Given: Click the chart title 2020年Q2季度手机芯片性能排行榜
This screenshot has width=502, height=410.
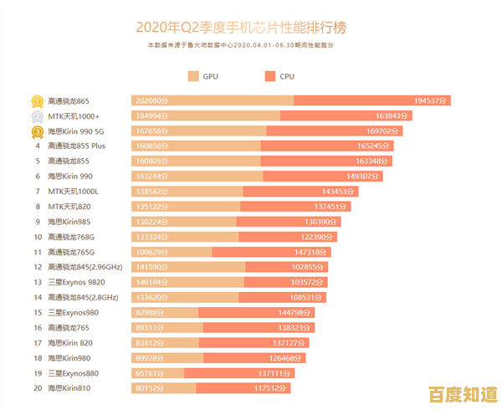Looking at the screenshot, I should coord(251,28).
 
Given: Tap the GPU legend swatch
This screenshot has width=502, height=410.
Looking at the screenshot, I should coord(193,76).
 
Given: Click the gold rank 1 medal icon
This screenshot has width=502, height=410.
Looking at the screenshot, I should coord(38,101).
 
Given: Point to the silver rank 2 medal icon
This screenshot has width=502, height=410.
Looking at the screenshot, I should coord(38,116).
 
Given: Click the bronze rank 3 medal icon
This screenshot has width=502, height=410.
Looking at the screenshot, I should coord(38,131).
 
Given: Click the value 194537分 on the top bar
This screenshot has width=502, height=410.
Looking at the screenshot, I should coord(431,101).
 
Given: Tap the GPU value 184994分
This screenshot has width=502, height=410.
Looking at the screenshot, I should coord(152,116).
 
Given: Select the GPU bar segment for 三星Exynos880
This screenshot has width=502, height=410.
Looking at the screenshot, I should coord(157,372).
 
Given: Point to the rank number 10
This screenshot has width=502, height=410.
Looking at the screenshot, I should coord(38,237).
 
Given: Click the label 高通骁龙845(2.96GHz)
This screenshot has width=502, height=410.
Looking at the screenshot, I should coord(85,267).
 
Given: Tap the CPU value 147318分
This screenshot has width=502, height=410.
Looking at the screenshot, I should coord(330,252).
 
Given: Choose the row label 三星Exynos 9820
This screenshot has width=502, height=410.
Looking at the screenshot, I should coord(77,282).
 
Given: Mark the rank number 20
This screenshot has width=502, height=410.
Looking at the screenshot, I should coord(38,387).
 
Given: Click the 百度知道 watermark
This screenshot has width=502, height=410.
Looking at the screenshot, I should coord(462,392).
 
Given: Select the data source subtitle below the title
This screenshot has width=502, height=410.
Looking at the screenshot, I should coord(251,44).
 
